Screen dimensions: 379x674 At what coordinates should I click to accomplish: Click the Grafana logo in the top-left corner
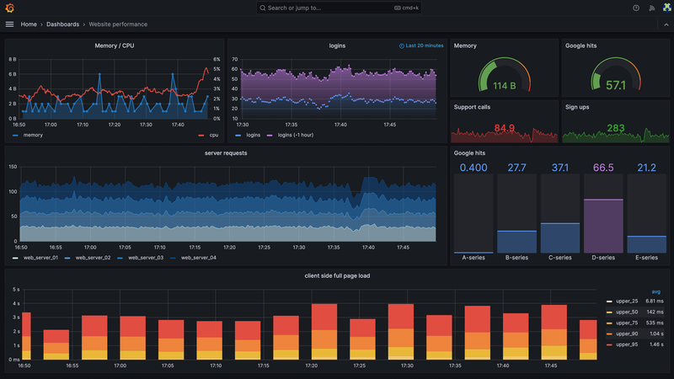9,8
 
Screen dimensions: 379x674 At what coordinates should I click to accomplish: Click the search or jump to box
337,8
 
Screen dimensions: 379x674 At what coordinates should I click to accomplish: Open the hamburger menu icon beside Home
10,24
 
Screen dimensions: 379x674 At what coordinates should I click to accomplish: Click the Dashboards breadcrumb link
64,24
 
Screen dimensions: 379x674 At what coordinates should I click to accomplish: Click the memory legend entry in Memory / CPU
33,135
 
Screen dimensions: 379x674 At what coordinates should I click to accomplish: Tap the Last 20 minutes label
424,45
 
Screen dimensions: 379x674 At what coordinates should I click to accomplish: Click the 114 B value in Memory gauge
504,85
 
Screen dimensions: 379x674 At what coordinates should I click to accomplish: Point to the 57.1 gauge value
616,85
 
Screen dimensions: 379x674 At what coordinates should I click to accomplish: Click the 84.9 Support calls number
504,128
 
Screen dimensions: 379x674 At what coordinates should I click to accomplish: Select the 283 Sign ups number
616,128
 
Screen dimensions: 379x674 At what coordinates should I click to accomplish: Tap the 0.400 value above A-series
473,168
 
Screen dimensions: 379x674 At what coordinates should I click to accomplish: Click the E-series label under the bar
647,258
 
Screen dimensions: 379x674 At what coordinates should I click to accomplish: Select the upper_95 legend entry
629,345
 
